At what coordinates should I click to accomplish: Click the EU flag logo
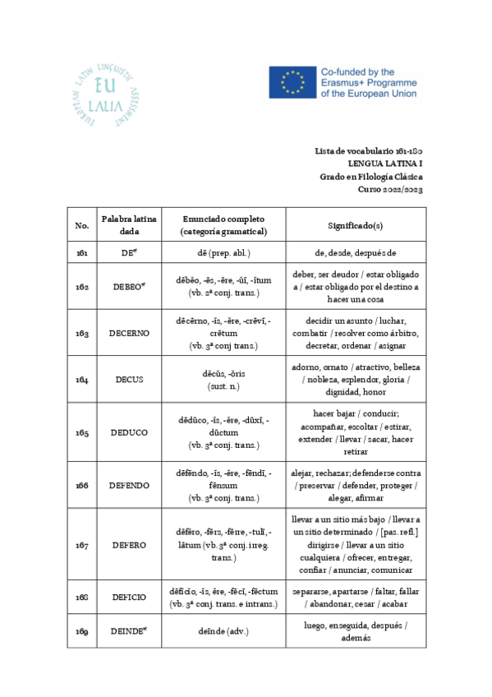[292, 83]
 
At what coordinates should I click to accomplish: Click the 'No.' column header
[82, 225]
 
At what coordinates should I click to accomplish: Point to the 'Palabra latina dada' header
[124, 225]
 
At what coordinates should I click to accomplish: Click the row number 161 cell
[82, 254]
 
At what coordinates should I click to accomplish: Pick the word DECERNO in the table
[129, 334]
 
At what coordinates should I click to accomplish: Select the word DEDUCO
[129, 432]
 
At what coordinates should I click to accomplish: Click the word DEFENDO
[129, 485]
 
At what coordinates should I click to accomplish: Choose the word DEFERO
[129, 544]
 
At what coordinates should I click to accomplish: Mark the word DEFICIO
[129, 598]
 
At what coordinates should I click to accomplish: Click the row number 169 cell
[82, 631]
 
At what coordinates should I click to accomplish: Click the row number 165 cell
[82, 432]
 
